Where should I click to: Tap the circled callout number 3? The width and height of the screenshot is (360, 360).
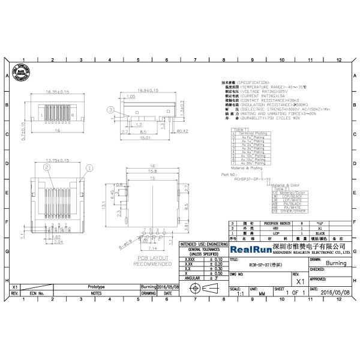(110, 110)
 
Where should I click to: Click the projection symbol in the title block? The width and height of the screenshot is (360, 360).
(203, 289)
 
